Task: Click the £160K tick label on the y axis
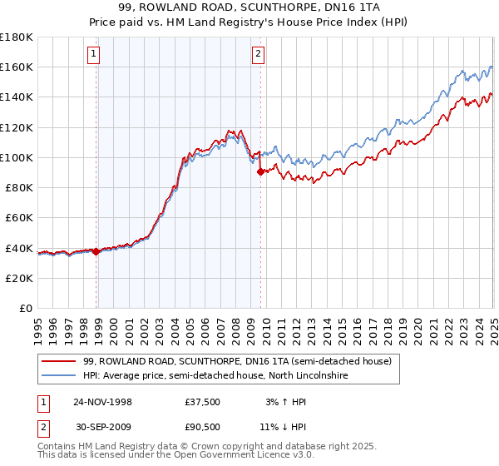(x=17, y=67)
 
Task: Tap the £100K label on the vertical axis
(x=17, y=157)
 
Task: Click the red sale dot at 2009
(x=260, y=171)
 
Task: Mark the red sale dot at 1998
(x=96, y=251)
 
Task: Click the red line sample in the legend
(x=58, y=361)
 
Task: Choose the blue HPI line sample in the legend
(x=58, y=376)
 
